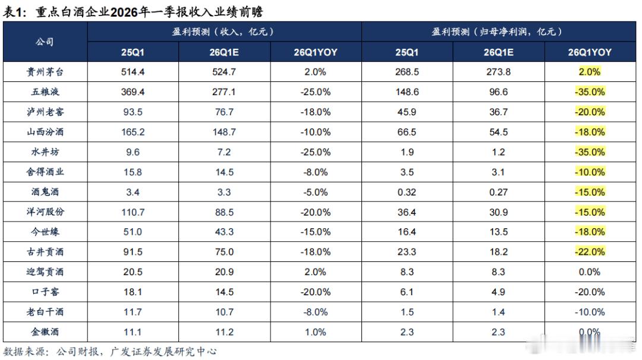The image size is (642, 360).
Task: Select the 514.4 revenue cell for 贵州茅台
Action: click(x=133, y=72)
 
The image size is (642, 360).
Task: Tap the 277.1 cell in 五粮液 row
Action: click(x=225, y=92)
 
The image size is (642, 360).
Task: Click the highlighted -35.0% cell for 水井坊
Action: click(x=590, y=152)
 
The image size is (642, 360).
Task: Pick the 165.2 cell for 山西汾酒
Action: click(x=133, y=132)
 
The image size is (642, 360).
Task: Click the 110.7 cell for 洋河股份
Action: click(x=133, y=211)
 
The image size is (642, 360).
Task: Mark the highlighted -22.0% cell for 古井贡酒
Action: click(x=590, y=252)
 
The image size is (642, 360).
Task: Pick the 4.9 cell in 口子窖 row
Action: click(x=498, y=292)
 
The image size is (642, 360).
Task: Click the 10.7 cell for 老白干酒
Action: click(x=225, y=311)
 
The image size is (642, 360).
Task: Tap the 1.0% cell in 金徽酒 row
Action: click(x=316, y=331)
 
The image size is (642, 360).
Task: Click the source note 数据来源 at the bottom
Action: click(x=110, y=351)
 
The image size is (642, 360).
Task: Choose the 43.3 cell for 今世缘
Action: click(x=225, y=232)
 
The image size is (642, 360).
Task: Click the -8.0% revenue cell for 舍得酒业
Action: click(x=316, y=172)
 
